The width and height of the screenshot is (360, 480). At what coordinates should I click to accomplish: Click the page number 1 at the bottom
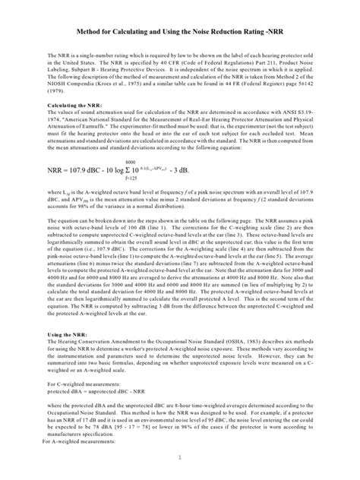(180, 457)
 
